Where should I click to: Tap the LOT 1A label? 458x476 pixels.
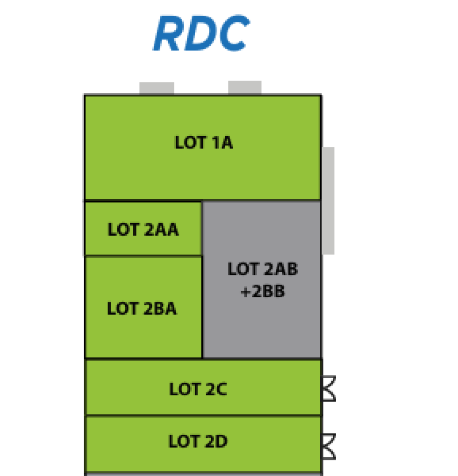coord(204,143)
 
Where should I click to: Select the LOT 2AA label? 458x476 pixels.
coord(143,230)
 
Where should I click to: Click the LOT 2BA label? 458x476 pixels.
coord(142,309)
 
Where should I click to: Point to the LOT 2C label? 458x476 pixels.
coord(198,389)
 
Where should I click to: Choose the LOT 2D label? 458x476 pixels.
coord(198,441)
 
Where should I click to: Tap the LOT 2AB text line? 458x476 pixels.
coord(263,269)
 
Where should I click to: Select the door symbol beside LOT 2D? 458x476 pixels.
coord(329,447)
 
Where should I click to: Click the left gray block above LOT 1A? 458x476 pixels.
coord(157,88)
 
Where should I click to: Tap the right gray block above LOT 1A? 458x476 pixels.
coord(244,87)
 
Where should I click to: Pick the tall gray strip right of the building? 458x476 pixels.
coord(329,201)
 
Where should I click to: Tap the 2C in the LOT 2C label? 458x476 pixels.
coord(217,389)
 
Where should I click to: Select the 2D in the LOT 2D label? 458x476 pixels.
coord(217,441)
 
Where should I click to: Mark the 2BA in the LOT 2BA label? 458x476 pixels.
coord(160,309)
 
